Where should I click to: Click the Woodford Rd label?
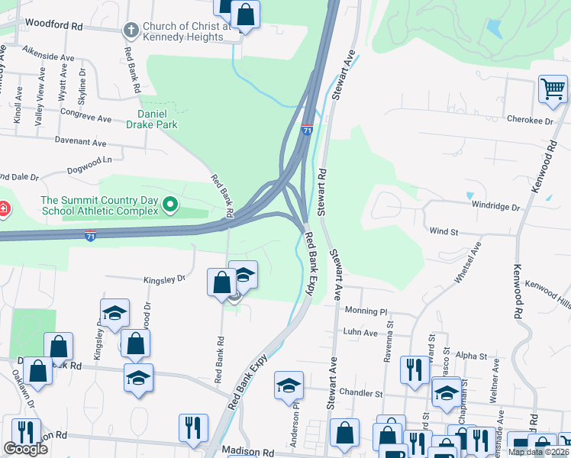(x=53, y=25)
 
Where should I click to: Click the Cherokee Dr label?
(x=531, y=121)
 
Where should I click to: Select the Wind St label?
(x=443, y=230)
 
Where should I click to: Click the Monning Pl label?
(x=366, y=311)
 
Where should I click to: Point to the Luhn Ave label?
(x=360, y=333)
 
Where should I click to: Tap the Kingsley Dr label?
(x=164, y=279)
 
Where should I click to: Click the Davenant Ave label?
(x=80, y=142)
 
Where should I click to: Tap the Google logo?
(x=25, y=449)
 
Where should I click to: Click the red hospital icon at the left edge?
(x=3, y=208)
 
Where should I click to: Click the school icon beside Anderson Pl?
(x=289, y=386)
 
